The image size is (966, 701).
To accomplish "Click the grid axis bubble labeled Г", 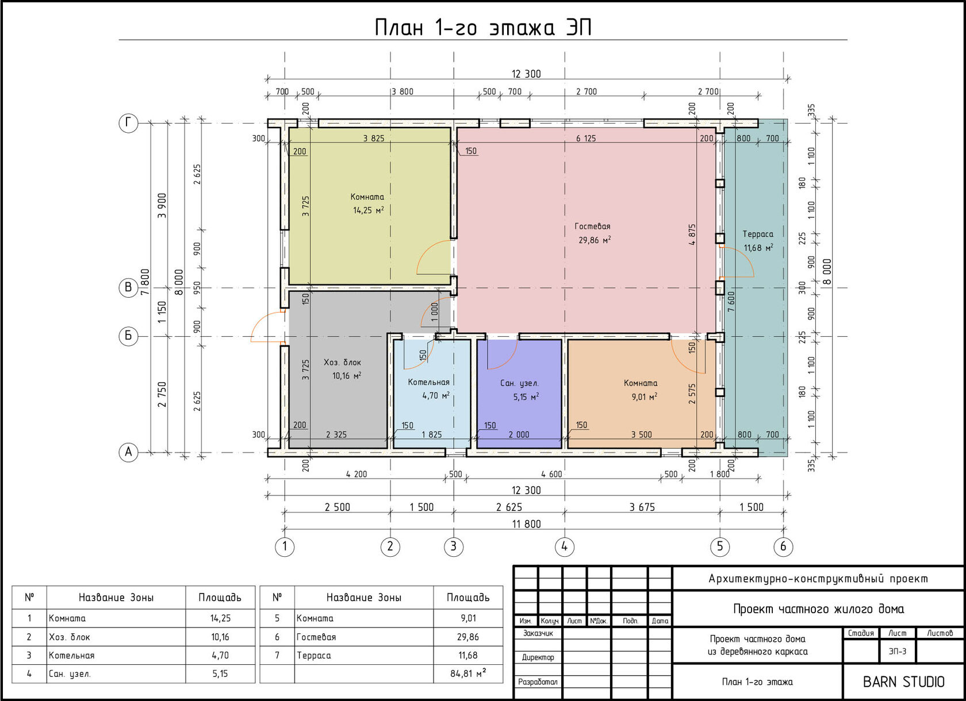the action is pyautogui.click(x=128, y=123).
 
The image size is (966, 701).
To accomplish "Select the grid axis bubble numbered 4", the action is pyautogui.click(x=564, y=547).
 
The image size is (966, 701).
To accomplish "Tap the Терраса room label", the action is pyautogui.click(x=758, y=234).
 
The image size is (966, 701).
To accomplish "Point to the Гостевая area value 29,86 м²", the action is pyautogui.click(x=595, y=240).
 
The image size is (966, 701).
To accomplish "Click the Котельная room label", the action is pyautogui.click(x=429, y=382).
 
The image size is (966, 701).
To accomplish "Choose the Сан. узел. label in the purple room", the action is pyautogui.click(x=519, y=383).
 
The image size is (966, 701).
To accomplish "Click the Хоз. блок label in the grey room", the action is pyautogui.click(x=342, y=363).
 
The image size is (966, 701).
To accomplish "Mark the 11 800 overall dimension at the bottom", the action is pyautogui.click(x=526, y=524).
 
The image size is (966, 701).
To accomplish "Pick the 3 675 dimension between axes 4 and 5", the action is pyautogui.click(x=642, y=507).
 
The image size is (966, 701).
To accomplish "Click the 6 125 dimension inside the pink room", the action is pyautogui.click(x=586, y=138).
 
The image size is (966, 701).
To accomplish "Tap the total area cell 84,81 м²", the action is pyautogui.click(x=468, y=673).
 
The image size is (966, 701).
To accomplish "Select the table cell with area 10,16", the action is pyautogui.click(x=220, y=637).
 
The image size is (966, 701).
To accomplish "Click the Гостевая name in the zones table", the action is pyautogui.click(x=316, y=637).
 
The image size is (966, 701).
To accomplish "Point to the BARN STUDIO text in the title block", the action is pyautogui.click(x=903, y=682).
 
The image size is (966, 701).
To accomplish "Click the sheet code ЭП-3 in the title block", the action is pyautogui.click(x=898, y=651).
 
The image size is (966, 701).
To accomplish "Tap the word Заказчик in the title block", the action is pyautogui.click(x=537, y=633).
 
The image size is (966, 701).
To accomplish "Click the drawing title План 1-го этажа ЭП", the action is pyautogui.click(x=482, y=28).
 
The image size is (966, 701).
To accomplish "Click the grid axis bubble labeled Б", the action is pyautogui.click(x=128, y=336).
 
